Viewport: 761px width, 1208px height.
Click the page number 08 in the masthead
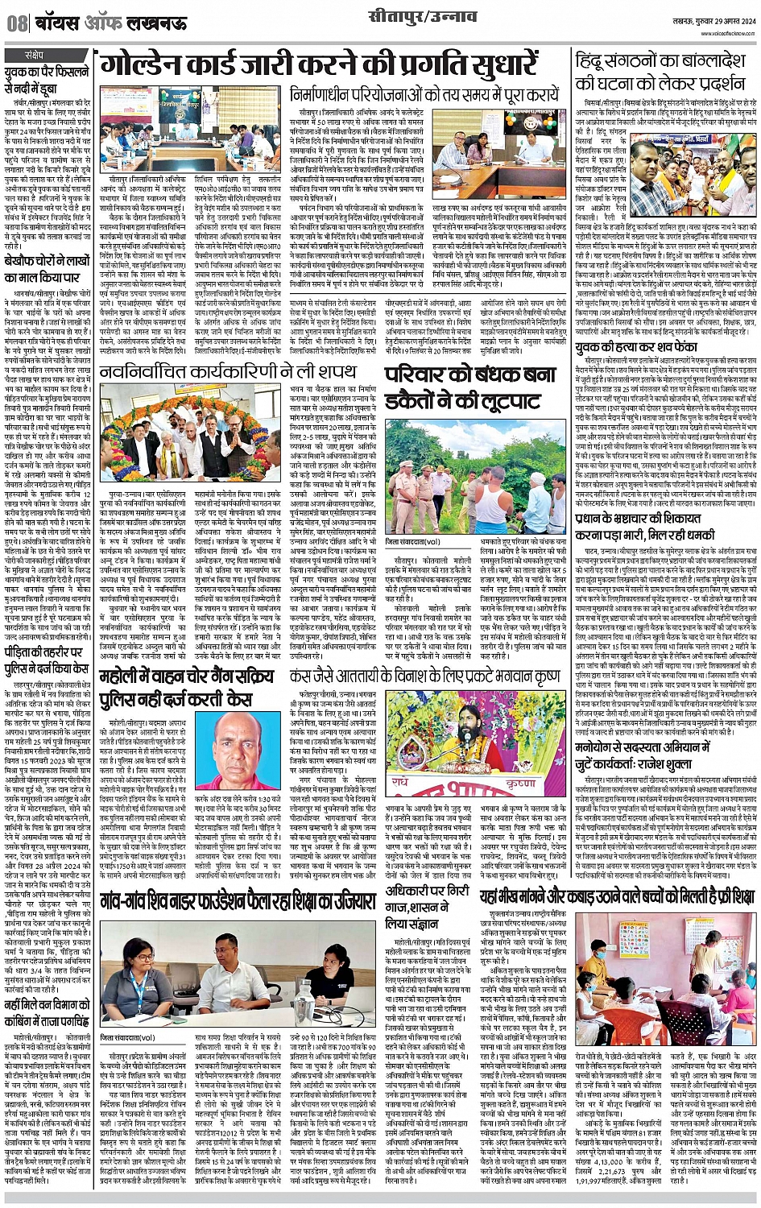15,23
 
